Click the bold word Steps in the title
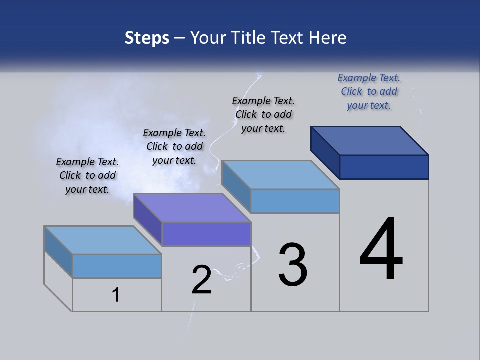(147, 38)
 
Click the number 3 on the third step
(293, 265)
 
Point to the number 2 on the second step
(202, 280)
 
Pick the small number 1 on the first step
(116, 295)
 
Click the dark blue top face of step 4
(370, 141)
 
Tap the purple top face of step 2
(192, 208)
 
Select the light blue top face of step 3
(281, 175)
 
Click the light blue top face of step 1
(103, 240)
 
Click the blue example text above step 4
(369, 92)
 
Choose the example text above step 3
(263, 114)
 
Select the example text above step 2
(174, 146)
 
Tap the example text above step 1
(87, 175)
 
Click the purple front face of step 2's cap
(206, 234)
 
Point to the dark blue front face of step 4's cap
(384, 167)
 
